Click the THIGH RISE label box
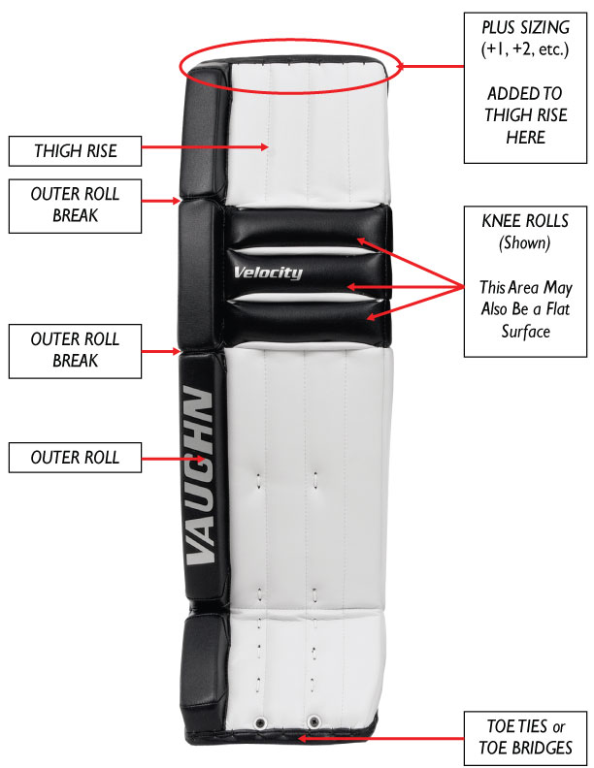75,151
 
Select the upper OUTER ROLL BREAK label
75,206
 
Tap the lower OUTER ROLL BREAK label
75,351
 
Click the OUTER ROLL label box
75,458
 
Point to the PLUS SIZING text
525,27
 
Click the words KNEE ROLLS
525,221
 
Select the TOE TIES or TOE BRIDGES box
525,738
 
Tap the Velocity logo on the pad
268,272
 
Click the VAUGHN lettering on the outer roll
201,474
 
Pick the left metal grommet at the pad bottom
260,723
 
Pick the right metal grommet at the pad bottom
313,721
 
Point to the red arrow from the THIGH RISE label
205,146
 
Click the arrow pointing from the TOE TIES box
380,738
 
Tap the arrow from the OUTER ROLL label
173,459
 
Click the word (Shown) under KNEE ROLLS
525,243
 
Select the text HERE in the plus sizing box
525,138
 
